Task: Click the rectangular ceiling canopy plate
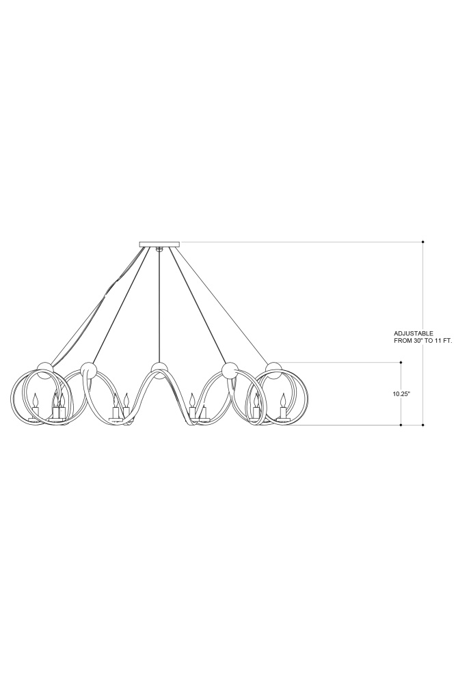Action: point(159,245)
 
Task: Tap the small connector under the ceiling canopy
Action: point(159,249)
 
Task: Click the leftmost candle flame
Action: point(36,398)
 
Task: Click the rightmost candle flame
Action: point(283,398)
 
